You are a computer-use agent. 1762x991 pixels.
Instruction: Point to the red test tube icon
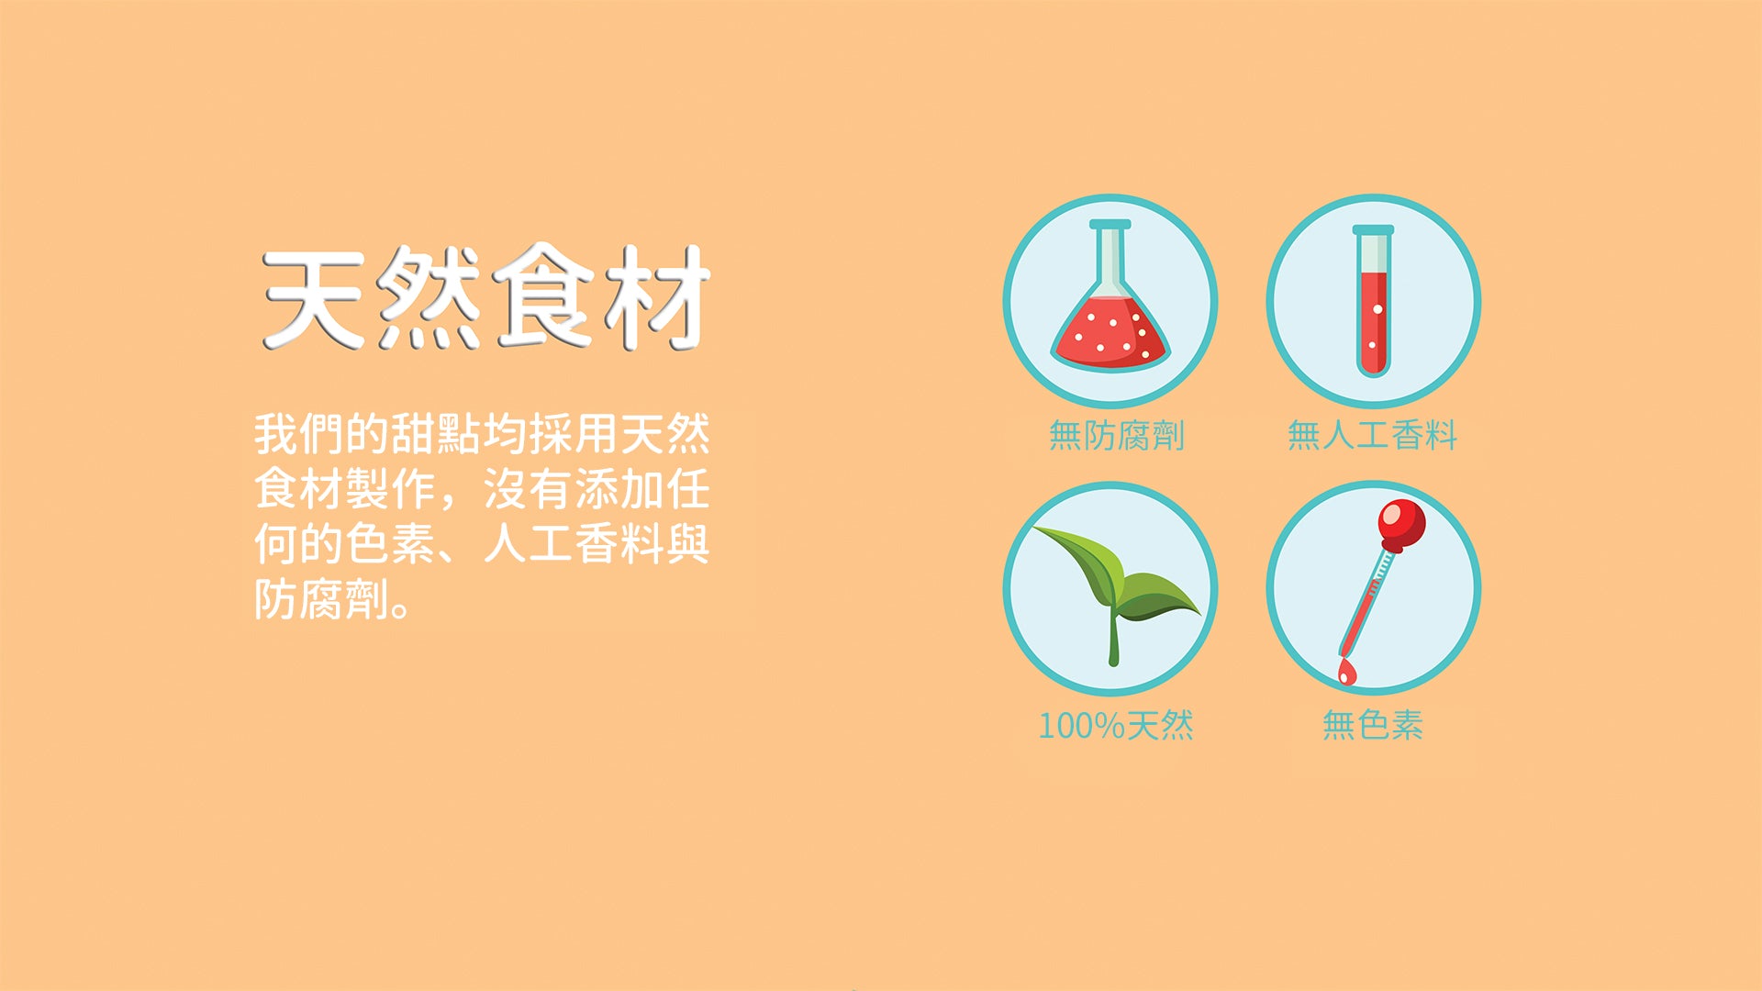coord(1373,301)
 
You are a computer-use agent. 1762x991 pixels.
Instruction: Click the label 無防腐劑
coord(1117,435)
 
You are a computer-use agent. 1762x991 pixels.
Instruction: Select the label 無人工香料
coord(1372,435)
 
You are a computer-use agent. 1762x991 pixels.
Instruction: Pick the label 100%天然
coord(1116,726)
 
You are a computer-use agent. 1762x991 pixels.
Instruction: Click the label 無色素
coord(1372,725)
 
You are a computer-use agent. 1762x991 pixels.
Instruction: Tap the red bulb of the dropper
coord(1402,522)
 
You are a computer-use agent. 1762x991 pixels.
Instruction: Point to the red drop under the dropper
coord(1345,673)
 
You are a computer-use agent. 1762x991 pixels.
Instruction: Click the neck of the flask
coord(1110,257)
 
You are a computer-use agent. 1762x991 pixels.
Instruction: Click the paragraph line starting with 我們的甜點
coord(482,434)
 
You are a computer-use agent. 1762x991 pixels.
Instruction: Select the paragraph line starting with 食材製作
coord(482,489)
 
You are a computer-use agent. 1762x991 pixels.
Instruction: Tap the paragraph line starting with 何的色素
coord(482,544)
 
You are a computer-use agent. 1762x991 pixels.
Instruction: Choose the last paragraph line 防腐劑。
coord(332,600)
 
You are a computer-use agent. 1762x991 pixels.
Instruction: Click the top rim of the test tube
coord(1373,229)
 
